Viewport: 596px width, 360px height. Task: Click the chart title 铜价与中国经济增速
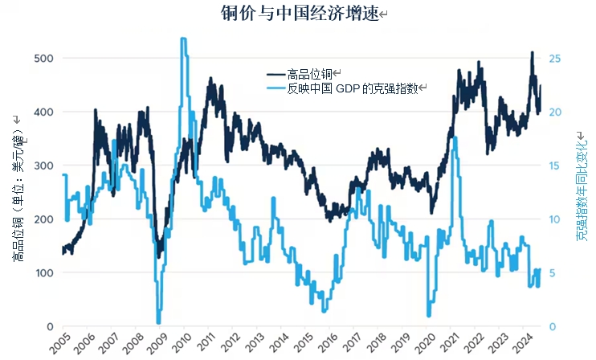(x=299, y=14)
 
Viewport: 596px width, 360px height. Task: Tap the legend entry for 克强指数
(x=353, y=88)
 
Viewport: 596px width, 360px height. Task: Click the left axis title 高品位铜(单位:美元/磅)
(x=18, y=190)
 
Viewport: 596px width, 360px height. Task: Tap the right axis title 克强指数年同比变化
(x=582, y=189)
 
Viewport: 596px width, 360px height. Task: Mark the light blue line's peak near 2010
(x=184, y=39)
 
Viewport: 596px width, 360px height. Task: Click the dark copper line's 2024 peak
(x=532, y=53)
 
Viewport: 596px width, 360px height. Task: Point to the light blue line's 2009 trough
(x=159, y=321)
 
